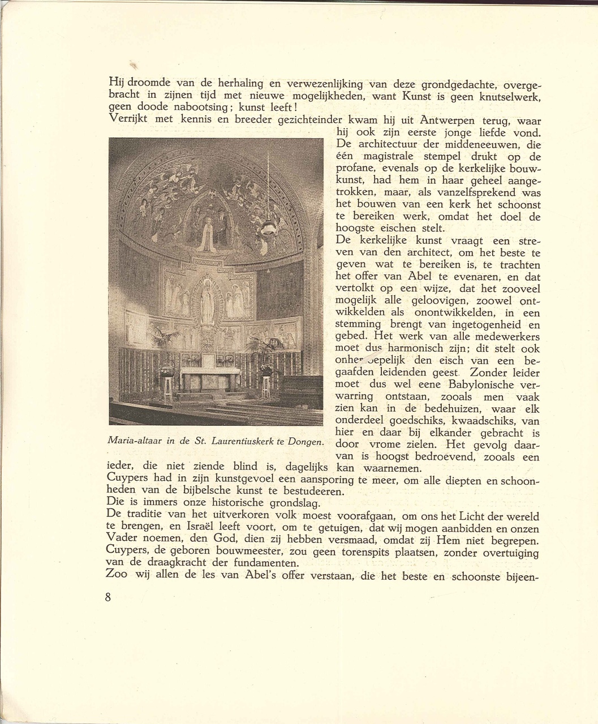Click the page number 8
tap(108, 598)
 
